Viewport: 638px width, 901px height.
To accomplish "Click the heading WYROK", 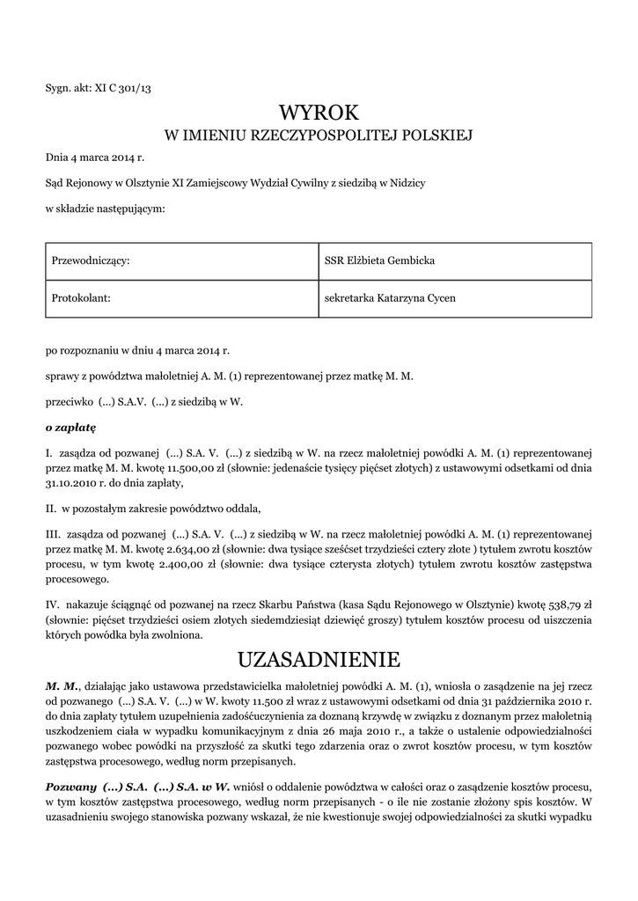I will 319,112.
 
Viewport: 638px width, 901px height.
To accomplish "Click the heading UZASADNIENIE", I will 319,659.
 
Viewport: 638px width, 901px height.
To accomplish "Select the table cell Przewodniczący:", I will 92,261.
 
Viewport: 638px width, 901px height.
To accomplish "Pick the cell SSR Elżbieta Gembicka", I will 379,261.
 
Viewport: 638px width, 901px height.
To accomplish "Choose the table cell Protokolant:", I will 81,298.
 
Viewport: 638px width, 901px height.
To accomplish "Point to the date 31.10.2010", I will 73,483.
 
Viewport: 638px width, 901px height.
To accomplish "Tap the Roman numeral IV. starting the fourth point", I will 54,606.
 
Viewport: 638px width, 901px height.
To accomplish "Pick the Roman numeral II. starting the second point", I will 51,509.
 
